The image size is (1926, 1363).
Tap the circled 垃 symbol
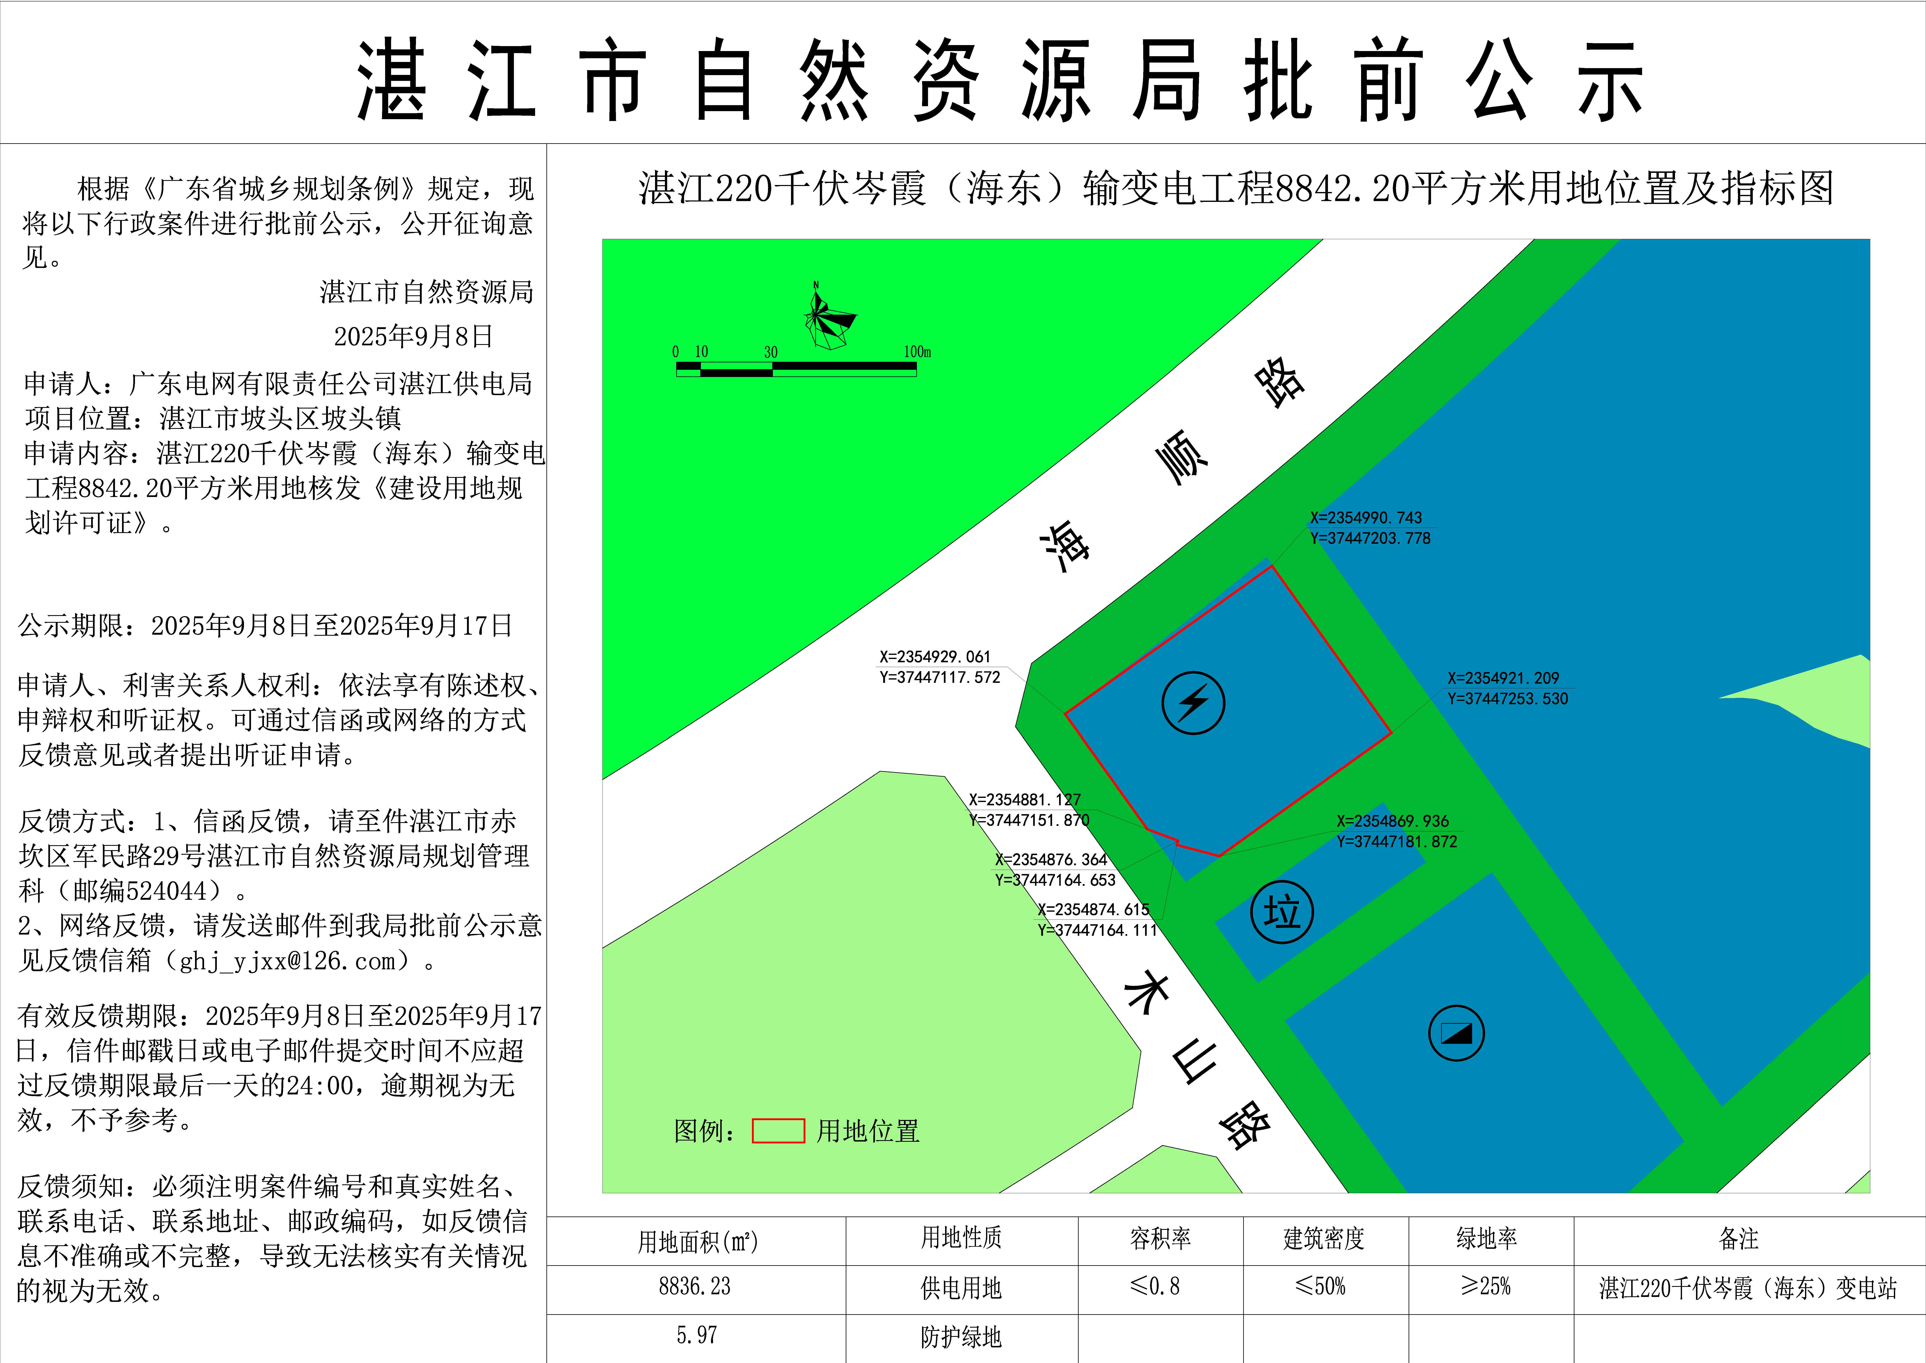point(1282,912)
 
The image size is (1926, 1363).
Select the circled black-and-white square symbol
point(1456,1033)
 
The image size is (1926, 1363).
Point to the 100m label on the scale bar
point(917,352)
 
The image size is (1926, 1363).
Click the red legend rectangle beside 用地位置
point(778,1130)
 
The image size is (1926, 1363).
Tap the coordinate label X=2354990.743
point(1366,518)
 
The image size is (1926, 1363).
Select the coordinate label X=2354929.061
point(934,657)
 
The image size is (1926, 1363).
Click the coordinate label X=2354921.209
point(1502,678)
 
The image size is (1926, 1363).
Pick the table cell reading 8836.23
point(695,1287)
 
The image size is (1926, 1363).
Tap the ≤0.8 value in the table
point(1155,1287)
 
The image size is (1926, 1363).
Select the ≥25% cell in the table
point(1486,1287)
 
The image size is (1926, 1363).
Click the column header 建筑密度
point(1324,1239)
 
